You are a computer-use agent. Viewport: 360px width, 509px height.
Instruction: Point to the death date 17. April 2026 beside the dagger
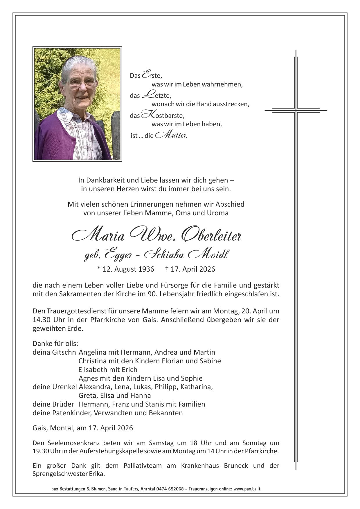tap(193, 269)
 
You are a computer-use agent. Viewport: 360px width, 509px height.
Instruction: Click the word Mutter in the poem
tap(171, 135)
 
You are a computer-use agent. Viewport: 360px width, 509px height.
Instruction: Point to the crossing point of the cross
tap(296, 111)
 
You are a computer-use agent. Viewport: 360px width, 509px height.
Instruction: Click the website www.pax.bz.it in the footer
tap(247, 489)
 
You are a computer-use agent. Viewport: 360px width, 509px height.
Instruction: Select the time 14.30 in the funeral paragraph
tap(41, 320)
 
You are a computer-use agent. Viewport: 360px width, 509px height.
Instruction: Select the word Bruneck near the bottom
tap(236, 465)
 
